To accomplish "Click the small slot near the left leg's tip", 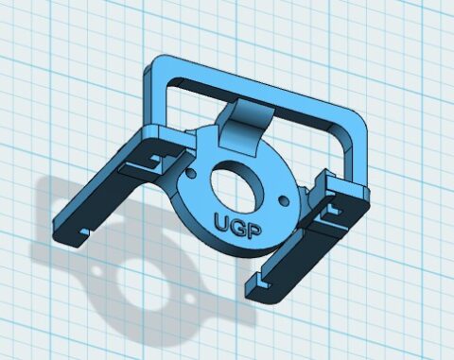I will point(83,230).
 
